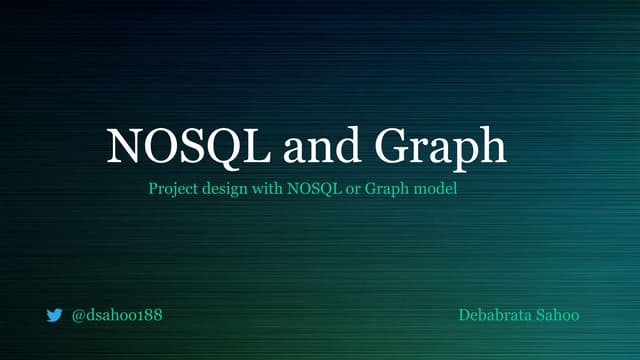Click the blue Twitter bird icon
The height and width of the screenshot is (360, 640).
point(54,316)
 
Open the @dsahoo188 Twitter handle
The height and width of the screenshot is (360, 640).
point(117,316)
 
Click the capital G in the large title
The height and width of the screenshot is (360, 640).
point(393,147)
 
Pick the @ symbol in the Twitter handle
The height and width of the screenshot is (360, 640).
point(79,316)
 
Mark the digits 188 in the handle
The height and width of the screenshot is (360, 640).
point(149,316)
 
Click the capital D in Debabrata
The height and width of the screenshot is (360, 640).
point(464,316)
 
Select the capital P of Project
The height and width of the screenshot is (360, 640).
point(152,187)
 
